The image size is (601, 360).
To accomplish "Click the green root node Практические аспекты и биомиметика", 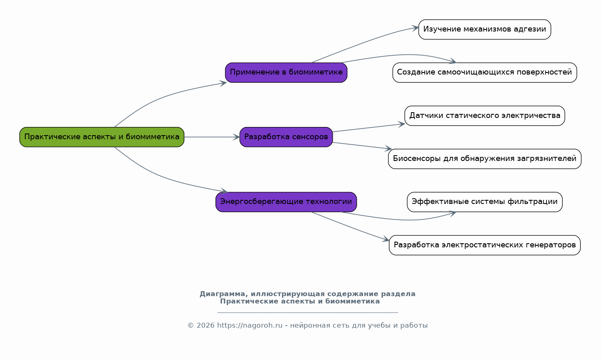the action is pyautogui.click(x=102, y=137).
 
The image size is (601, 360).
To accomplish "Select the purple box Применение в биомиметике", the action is pyautogui.click(x=286, y=73).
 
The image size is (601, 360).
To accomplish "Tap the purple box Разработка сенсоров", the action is pyautogui.click(x=286, y=137).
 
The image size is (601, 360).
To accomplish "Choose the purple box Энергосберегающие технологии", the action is pyautogui.click(x=286, y=202).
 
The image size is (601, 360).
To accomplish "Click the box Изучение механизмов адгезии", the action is pyautogui.click(x=485, y=29).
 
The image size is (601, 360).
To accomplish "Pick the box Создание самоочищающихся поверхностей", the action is pyautogui.click(x=485, y=73).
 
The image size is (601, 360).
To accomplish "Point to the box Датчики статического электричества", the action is pyautogui.click(x=485, y=116).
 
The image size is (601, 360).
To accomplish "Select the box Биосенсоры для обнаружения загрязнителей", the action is pyautogui.click(x=485, y=159).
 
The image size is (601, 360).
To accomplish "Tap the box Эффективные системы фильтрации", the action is pyautogui.click(x=485, y=202).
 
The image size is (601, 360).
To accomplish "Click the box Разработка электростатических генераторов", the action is pyautogui.click(x=485, y=245).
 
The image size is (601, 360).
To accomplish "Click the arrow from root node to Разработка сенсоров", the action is pyautogui.click(x=212, y=137).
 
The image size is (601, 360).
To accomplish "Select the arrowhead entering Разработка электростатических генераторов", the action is pyautogui.click(x=386, y=239).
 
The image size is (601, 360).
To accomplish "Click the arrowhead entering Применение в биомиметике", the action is pyautogui.click(x=223, y=84).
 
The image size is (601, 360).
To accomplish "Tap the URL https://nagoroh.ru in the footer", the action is pyautogui.click(x=250, y=326).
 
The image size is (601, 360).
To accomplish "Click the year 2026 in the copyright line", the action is pyautogui.click(x=206, y=326).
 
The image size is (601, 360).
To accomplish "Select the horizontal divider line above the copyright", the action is pyautogui.click(x=308, y=312).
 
